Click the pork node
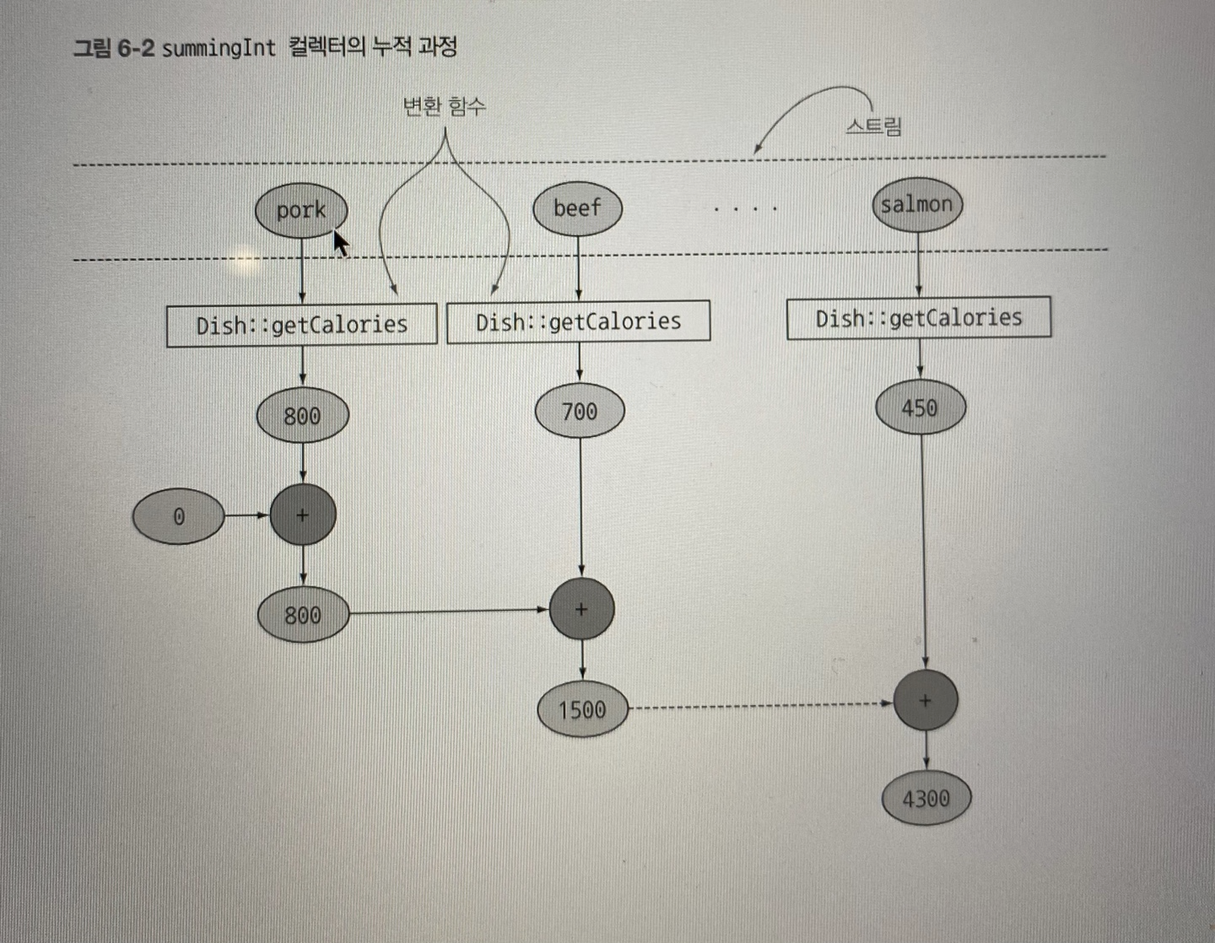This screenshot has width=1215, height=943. click(301, 210)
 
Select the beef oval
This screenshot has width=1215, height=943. click(577, 207)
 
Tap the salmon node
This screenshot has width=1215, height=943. click(916, 204)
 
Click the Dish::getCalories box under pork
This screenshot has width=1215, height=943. click(301, 325)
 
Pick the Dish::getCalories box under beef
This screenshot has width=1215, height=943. click(578, 321)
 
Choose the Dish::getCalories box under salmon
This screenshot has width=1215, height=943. click(918, 318)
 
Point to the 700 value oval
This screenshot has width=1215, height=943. click(580, 412)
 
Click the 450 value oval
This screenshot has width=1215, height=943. click(920, 408)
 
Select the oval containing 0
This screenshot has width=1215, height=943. click(179, 516)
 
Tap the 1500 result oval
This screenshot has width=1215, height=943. click(582, 709)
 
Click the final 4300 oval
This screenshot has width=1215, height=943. click(926, 798)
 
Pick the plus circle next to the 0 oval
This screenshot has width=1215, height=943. click(303, 515)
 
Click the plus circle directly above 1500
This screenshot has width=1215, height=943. click(581, 609)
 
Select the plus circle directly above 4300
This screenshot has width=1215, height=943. click(926, 700)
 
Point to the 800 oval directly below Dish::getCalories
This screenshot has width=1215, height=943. click(302, 415)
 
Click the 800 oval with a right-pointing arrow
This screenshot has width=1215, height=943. click(303, 615)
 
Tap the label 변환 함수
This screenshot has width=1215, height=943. click(444, 106)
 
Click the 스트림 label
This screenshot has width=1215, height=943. click(873, 127)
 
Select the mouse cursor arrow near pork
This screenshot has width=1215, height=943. click(340, 242)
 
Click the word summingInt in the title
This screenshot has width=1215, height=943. click(219, 48)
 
